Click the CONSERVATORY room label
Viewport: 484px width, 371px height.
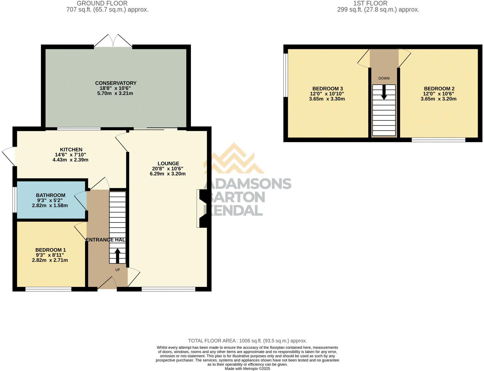[116, 83]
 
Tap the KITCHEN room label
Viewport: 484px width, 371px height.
[71, 150]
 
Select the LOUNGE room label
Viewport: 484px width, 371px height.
[168, 164]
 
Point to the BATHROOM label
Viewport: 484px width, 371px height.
[51, 195]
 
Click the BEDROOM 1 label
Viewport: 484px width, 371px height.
[50, 250]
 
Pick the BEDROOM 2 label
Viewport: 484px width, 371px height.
[439, 89]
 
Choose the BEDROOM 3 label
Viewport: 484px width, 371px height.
[327, 89]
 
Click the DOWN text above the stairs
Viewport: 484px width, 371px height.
[384, 78]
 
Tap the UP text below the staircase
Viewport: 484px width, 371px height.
[118, 270]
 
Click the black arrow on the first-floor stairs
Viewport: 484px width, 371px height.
[384, 93]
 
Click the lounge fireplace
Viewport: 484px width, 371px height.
[202, 209]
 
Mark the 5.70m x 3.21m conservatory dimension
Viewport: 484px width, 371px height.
[115, 93]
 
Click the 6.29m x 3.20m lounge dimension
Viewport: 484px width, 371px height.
[168, 174]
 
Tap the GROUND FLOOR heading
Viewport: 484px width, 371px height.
[102, 3]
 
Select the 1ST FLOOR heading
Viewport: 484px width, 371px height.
[370, 3]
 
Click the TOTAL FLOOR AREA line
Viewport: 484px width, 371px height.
[247, 341]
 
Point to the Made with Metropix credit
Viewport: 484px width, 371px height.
[247, 369]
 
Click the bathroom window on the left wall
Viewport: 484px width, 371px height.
[15, 200]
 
